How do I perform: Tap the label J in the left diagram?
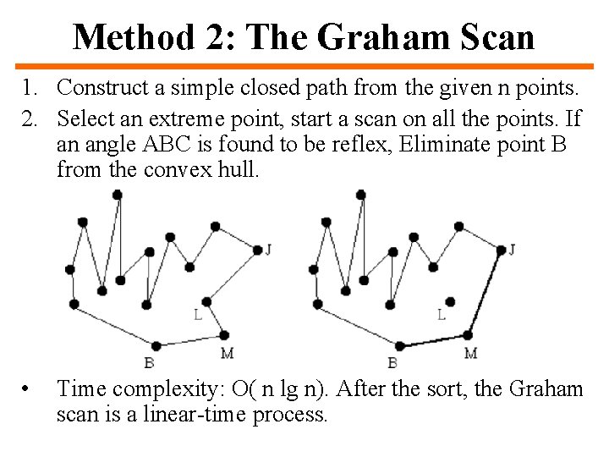pos(268,249)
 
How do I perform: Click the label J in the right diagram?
pos(513,249)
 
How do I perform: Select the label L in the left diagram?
pos(198,315)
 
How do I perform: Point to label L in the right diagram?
pos(442,315)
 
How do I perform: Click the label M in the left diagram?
pos(227,353)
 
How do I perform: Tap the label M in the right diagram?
pos(470,353)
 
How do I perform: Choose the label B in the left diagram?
pos(149,363)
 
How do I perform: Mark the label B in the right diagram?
pos(392,363)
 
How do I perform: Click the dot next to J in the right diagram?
pos(501,250)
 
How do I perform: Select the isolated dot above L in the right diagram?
pos(451,300)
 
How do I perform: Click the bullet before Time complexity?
pos(28,389)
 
